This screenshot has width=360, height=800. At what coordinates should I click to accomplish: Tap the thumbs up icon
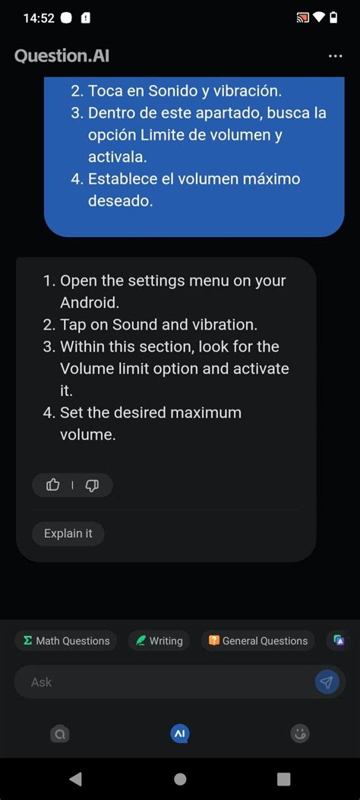[x=53, y=485]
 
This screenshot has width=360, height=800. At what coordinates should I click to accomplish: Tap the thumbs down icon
[x=92, y=485]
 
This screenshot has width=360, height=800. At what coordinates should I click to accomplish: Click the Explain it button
[x=68, y=533]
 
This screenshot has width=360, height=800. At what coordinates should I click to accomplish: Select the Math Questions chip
[x=66, y=640]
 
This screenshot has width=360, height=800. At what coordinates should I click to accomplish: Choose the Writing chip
[x=159, y=640]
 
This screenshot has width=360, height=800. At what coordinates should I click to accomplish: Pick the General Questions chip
[x=258, y=640]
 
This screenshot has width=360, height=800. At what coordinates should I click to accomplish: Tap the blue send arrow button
[x=327, y=681]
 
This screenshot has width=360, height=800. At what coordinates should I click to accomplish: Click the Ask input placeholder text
[x=41, y=682]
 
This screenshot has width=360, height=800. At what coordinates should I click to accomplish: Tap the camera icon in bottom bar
[x=60, y=734]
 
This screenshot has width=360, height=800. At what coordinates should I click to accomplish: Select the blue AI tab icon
[x=179, y=734]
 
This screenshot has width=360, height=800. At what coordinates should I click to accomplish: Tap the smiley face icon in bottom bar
[x=300, y=734]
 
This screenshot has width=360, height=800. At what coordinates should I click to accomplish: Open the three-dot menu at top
[x=336, y=55]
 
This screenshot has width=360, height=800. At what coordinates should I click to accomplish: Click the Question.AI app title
[x=62, y=55]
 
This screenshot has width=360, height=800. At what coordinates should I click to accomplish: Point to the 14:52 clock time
[x=39, y=18]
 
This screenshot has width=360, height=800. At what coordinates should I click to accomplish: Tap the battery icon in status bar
[x=333, y=18]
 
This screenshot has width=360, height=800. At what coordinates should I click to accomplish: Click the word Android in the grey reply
[x=89, y=302]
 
